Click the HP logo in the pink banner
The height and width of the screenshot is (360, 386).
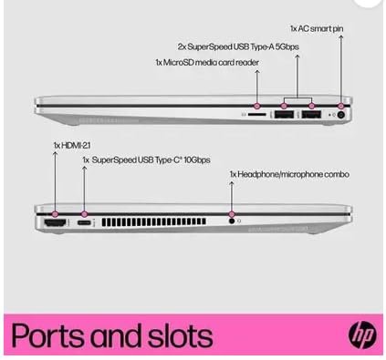(362, 335)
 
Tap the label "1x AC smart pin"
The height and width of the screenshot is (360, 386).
(317, 29)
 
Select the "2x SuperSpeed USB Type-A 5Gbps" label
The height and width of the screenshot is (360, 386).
(238, 46)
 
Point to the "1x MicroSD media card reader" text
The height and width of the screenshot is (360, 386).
(207, 63)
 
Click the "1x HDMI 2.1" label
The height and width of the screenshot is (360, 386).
(72, 146)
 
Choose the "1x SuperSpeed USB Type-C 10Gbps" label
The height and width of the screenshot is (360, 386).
(147, 160)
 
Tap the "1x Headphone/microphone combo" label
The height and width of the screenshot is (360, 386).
(289, 174)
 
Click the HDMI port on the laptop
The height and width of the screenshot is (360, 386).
(55, 223)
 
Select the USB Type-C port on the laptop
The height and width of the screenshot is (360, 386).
(84, 223)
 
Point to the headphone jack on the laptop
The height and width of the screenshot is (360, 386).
(232, 221)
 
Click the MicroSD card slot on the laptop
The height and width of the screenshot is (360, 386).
(257, 115)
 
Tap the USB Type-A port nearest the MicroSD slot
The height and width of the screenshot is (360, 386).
(284, 115)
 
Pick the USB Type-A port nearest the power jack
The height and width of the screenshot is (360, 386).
(311, 115)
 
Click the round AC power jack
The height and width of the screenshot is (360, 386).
(341, 115)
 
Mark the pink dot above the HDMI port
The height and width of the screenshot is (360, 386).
(55, 214)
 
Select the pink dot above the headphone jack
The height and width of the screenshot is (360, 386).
(232, 214)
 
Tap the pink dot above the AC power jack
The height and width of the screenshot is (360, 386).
(341, 106)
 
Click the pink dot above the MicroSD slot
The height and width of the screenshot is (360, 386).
(257, 106)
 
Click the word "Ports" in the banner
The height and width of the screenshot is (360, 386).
(47, 335)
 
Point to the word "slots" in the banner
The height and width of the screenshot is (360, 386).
(180, 335)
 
